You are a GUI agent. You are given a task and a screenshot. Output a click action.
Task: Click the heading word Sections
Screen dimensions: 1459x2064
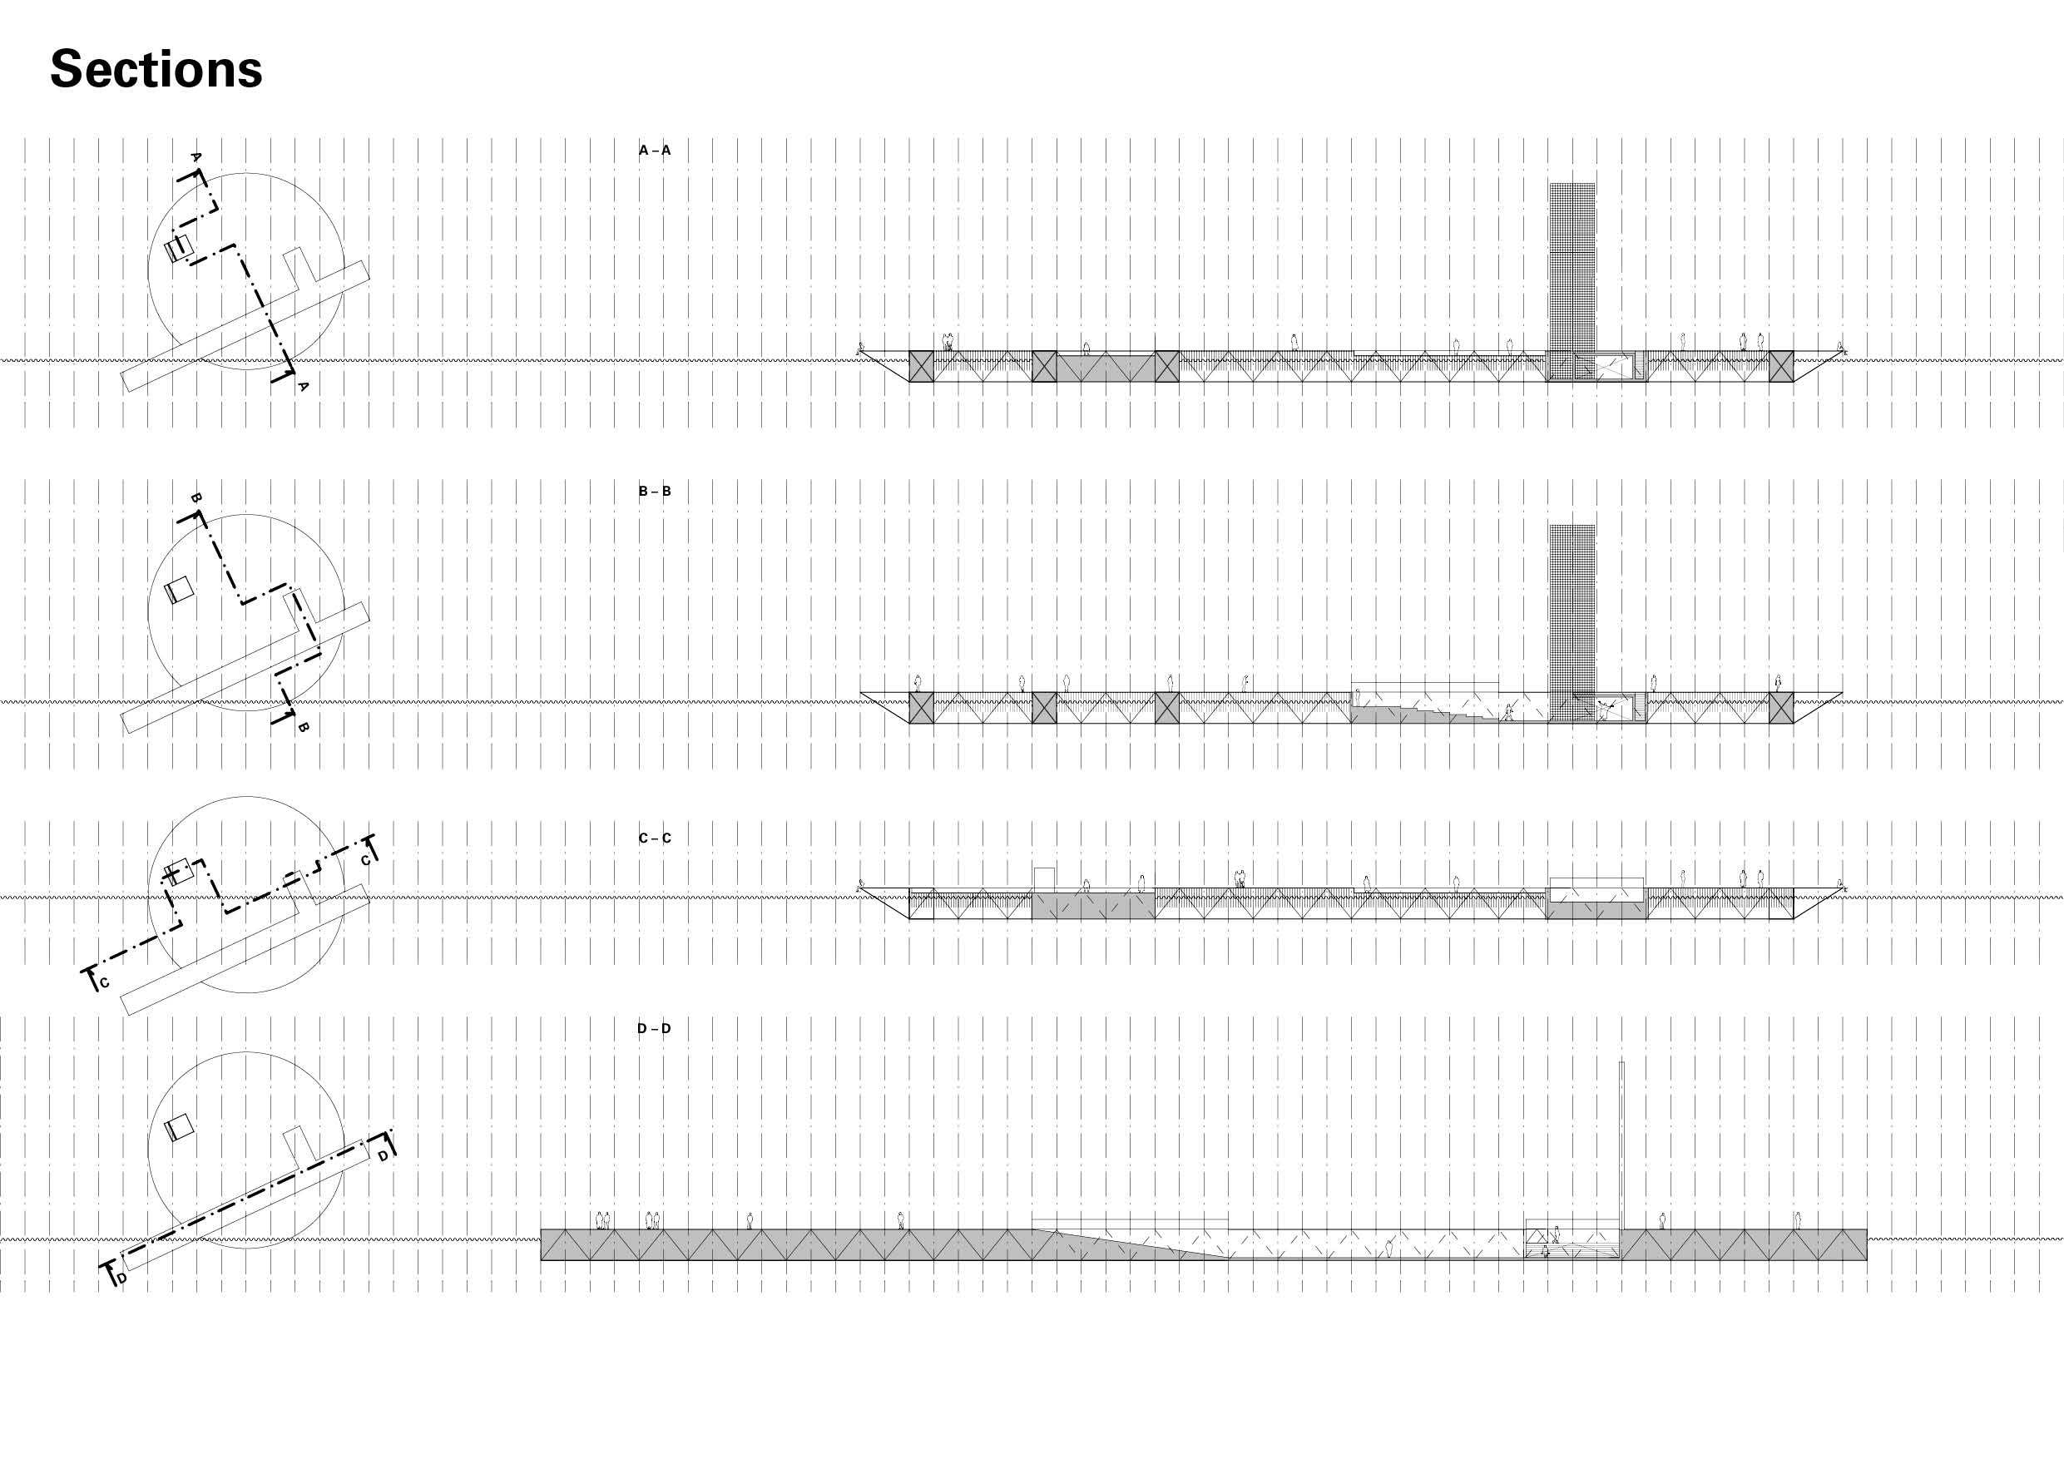click(x=156, y=69)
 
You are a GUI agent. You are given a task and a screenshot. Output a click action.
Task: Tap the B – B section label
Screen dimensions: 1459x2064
click(x=655, y=492)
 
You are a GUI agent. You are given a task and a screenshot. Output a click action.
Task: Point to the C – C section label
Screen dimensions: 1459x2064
click(x=655, y=838)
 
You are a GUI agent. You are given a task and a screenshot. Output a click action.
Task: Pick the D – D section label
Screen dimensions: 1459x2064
click(x=655, y=1028)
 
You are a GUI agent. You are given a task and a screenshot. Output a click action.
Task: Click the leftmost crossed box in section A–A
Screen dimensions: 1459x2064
click(x=922, y=367)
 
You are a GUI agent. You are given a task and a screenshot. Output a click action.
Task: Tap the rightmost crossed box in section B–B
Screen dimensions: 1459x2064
click(x=1781, y=708)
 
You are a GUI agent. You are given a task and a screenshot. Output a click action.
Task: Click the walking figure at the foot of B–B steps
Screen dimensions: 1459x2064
click(x=1507, y=715)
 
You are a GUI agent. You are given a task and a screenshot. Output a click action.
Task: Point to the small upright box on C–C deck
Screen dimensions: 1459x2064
click(x=1044, y=878)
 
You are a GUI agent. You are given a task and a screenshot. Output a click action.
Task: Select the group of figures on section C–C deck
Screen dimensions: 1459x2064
click(x=1240, y=878)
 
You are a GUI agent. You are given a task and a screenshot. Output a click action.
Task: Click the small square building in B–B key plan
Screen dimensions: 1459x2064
click(x=180, y=590)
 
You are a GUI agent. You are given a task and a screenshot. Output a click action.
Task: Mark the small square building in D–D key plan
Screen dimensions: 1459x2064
click(x=180, y=1127)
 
